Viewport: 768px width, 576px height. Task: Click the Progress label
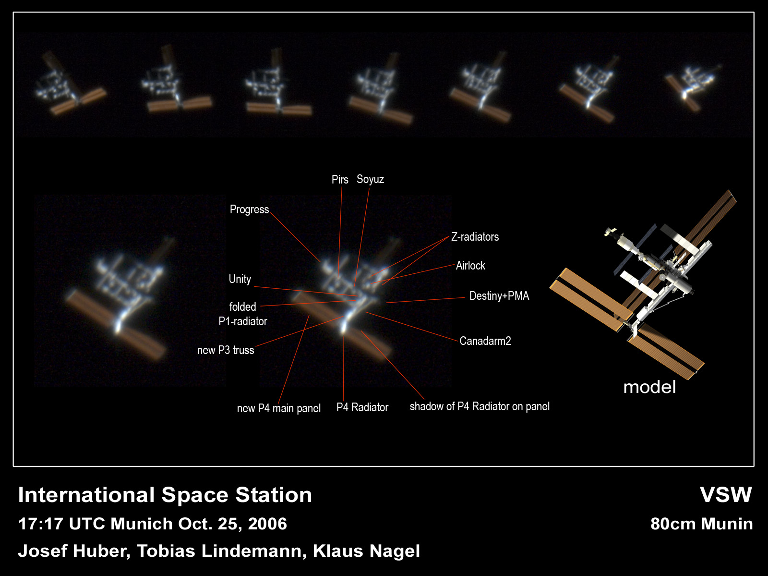249,209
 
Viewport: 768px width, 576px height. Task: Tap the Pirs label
340,180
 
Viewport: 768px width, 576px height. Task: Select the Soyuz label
370,179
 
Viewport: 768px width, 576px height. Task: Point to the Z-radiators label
475,237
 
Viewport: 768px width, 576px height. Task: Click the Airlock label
470,266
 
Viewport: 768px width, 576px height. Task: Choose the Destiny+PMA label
499,296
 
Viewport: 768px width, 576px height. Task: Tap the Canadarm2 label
485,341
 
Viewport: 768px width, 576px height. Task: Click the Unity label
240,279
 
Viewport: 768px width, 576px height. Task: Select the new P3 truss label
226,350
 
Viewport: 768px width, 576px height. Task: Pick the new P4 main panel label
278,408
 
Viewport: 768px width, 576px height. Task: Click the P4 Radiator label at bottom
362,407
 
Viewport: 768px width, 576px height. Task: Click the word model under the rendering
649,387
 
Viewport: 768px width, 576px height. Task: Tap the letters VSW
726,495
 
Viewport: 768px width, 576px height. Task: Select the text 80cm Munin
702,524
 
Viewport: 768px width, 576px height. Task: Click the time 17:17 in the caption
41,524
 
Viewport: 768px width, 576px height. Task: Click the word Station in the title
273,495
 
